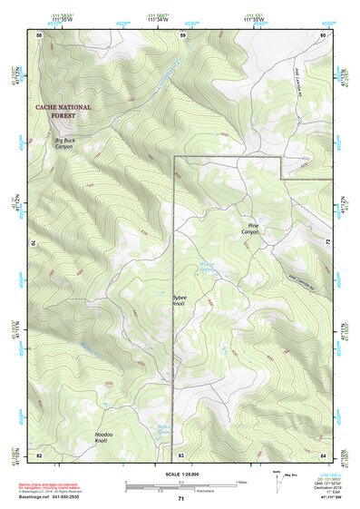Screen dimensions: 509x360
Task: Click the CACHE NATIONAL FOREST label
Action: (63, 111)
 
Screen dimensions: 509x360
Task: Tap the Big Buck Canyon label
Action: (63, 143)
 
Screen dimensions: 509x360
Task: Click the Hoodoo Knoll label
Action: (107, 438)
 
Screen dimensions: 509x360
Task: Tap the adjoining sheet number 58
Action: (39, 34)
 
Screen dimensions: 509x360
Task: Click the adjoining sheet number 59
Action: (182, 34)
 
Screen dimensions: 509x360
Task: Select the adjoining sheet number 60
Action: (324, 34)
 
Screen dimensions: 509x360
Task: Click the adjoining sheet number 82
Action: (39, 454)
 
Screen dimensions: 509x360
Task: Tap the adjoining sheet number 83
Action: (181, 454)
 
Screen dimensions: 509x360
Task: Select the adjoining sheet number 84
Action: (324, 454)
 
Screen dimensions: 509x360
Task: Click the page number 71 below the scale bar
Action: (181, 499)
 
